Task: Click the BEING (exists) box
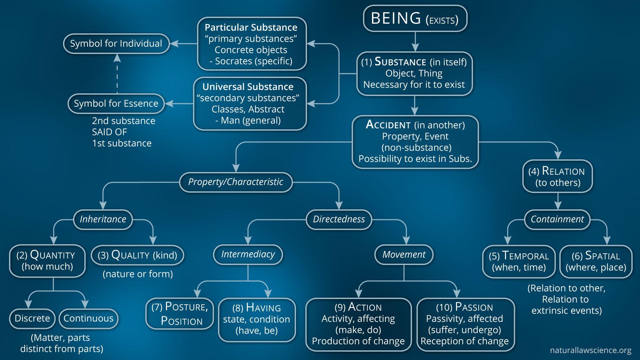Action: tap(415, 19)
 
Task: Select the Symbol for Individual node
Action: tap(116, 44)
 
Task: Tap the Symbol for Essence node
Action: tap(116, 104)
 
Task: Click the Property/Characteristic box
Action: tap(236, 182)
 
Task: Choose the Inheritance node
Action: tap(103, 219)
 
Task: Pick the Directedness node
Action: tap(339, 219)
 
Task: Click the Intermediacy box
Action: tap(248, 254)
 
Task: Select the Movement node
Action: tap(404, 255)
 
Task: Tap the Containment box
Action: tap(557, 219)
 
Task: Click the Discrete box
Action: tap(32, 318)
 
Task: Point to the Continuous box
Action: tap(88, 318)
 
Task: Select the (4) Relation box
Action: tap(557, 176)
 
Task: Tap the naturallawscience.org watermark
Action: tap(590, 350)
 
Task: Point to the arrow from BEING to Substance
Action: tap(415, 41)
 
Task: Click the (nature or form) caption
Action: tap(138, 274)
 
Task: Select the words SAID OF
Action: tap(109, 132)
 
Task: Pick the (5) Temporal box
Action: tap(519, 261)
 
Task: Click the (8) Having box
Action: tap(256, 319)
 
